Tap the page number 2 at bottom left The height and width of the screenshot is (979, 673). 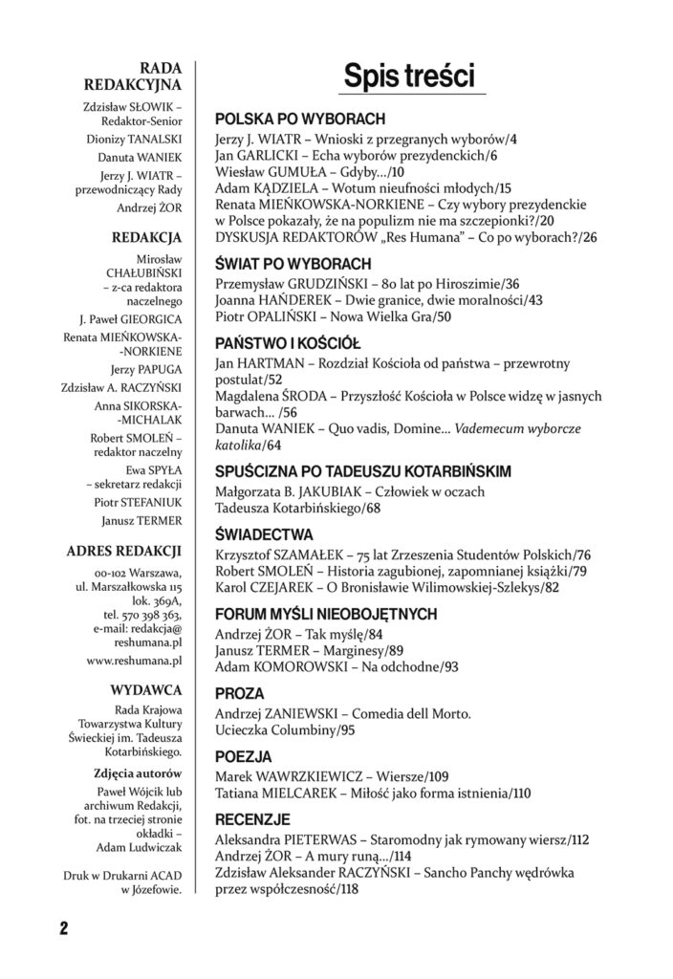63,928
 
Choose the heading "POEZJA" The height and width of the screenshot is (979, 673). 243,755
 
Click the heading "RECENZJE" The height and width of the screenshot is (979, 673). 252,819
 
